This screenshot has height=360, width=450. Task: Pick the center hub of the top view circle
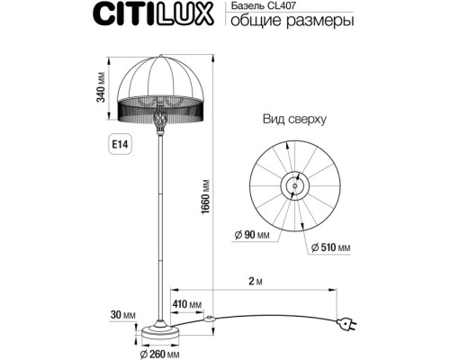coord(294,185)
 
